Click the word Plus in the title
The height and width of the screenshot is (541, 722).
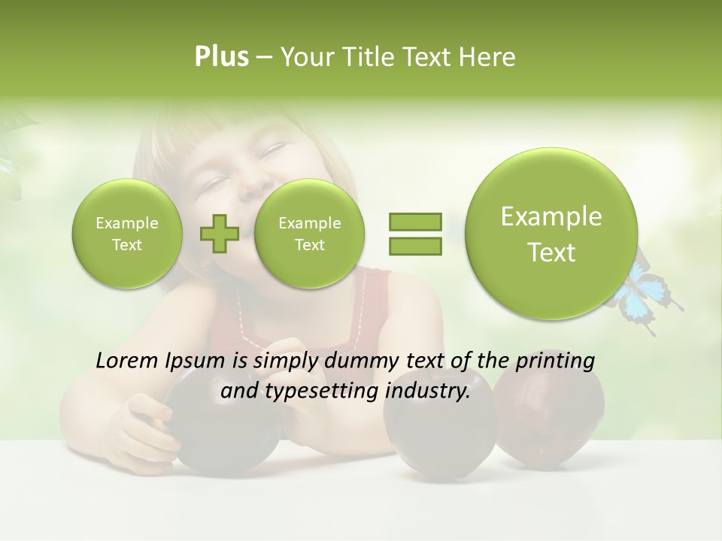221,57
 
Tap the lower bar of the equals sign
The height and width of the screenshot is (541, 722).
414,244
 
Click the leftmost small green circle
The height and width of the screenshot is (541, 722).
127,234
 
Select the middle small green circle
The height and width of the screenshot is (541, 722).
309,234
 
